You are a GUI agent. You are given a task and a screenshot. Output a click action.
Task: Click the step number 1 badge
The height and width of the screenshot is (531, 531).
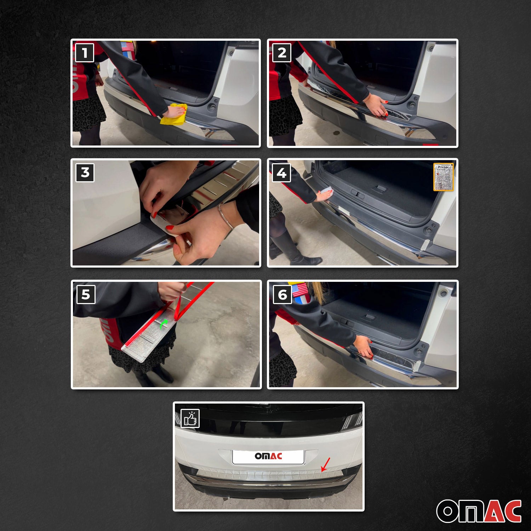pyautogui.click(x=84, y=53)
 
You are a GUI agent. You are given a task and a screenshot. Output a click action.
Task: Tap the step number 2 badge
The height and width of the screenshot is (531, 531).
pyautogui.click(x=282, y=53)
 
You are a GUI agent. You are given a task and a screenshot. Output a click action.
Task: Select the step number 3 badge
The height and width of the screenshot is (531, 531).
pyautogui.click(x=85, y=172)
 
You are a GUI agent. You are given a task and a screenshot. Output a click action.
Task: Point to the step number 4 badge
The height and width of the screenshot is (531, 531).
pyautogui.click(x=281, y=173)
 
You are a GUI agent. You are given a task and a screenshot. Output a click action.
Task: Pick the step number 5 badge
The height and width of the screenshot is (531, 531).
pyautogui.click(x=86, y=294)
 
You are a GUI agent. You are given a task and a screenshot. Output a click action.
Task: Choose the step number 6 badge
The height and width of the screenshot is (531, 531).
pyautogui.click(x=282, y=295)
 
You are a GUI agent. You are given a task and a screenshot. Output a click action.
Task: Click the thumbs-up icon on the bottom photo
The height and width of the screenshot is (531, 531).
pyautogui.click(x=190, y=418)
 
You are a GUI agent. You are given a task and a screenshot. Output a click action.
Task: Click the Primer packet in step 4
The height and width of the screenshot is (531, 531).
pyautogui.click(x=443, y=177)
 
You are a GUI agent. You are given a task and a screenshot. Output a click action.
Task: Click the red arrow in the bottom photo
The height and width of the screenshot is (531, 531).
pyautogui.click(x=325, y=464)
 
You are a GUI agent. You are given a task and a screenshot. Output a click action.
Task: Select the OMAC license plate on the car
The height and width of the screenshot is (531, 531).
pyautogui.click(x=268, y=456)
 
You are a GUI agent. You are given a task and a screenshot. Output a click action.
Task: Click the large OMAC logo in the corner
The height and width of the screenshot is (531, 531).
pyautogui.click(x=479, y=511)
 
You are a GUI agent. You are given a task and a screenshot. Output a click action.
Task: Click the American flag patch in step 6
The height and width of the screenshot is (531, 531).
pyautogui.click(x=300, y=290)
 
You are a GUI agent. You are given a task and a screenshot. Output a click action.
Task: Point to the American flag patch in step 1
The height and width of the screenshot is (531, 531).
pyautogui.click(x=127, y=46)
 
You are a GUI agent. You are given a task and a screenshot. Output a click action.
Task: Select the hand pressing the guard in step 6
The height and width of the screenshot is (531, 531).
pyautogui.click(x=364, y=346)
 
